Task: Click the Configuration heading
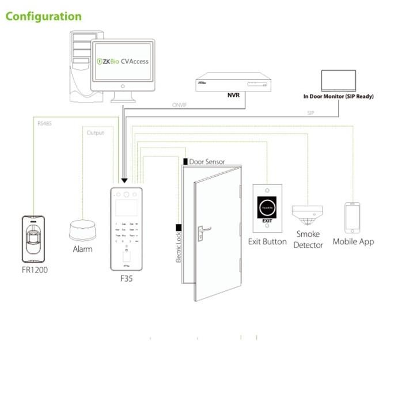[44, 16]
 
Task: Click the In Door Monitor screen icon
[338, 80]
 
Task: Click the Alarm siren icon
[82, 230]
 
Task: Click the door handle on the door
[203, 230]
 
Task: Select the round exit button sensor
[267, 206]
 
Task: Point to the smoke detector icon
[309, 216]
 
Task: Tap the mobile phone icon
[352, 216]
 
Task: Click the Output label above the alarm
[95, 133]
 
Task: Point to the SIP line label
[310, 113]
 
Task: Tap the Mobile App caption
[353, 241]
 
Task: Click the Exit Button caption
[267, 241]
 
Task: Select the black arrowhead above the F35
[124, 180]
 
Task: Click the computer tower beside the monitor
[80, 66]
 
